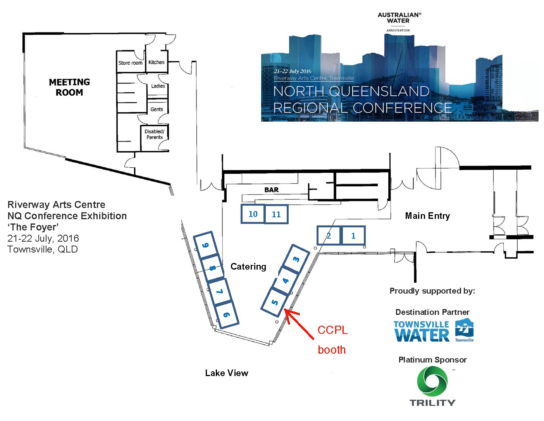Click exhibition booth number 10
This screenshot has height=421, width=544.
tap(253, 214)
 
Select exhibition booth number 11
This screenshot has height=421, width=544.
tap(276, 215)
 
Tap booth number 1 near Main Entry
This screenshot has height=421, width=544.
tap(353, 235)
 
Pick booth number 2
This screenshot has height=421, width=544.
tap(329, 235)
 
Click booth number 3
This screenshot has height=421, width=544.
tap(296, 259)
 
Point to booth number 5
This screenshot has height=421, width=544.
tap(274, 302)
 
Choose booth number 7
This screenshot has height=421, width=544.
tap(219, 291)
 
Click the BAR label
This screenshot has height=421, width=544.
tap(272, 190)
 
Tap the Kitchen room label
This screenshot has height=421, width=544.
tap(157, 62)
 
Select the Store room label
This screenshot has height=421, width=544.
tap(131, 63)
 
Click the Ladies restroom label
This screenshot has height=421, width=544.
tap(158, 86)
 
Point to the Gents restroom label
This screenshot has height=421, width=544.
tap(157, 109)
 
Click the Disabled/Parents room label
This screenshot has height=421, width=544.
tap(155, 134)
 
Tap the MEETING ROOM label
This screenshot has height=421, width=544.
tap(69, 87)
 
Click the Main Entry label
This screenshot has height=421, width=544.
tap(427, 216)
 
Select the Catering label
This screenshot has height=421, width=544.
tap(248, 266)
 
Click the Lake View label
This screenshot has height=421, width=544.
tap(227, 373)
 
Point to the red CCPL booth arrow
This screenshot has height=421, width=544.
tap(299, 324)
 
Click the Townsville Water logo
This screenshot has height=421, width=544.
tap(433, 331)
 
